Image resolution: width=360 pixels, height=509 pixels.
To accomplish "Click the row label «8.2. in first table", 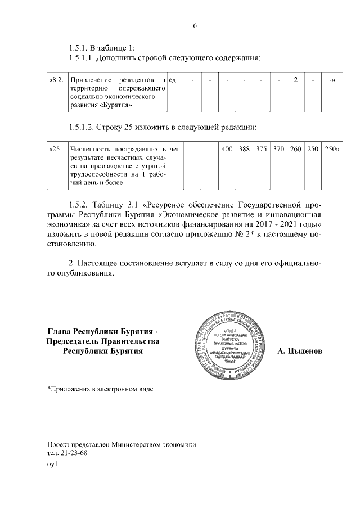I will [x=56, y=80].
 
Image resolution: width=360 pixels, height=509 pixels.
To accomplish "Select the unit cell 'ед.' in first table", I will [x=174, y=80].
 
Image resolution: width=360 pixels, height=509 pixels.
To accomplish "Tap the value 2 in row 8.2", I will [x=295, y=80].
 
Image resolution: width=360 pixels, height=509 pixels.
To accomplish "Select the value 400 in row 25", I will [x=227, y=149].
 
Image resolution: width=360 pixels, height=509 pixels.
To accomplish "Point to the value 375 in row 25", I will [x=262, y=149].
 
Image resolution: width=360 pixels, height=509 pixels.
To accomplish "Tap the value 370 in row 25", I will [x=278, y=149].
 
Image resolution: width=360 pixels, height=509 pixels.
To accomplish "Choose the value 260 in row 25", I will [x=295, y=149].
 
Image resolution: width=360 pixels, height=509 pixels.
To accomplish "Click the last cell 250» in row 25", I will [x=331, y=149].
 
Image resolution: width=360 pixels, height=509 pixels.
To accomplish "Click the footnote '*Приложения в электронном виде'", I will [x=100, y=388].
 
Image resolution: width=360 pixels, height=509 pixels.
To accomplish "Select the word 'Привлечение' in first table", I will [x=87, y=80].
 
